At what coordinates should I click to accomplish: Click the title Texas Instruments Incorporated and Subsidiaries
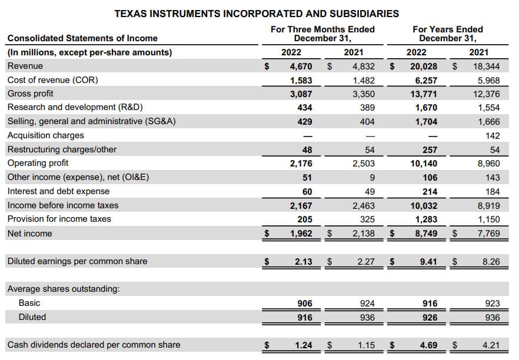[x=256, y=13]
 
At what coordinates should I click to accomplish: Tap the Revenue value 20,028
[x=424, y=66]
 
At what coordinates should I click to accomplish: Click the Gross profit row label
[x=30, y=94]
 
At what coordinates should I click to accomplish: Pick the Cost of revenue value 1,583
[x=301, y=80]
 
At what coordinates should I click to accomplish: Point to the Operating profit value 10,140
[x=424, y=163]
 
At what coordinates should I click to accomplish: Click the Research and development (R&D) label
[x=75, y=107]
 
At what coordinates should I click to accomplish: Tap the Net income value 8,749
[x=425, y=234]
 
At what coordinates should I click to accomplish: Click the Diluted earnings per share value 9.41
[x=428, y=261]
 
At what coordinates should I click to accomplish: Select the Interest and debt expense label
[x=58, y=191]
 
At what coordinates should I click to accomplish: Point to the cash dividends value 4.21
[x=491, y=345]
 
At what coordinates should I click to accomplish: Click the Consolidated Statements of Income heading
[x=82, y=38]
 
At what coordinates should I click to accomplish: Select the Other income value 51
[x=307, y=177]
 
